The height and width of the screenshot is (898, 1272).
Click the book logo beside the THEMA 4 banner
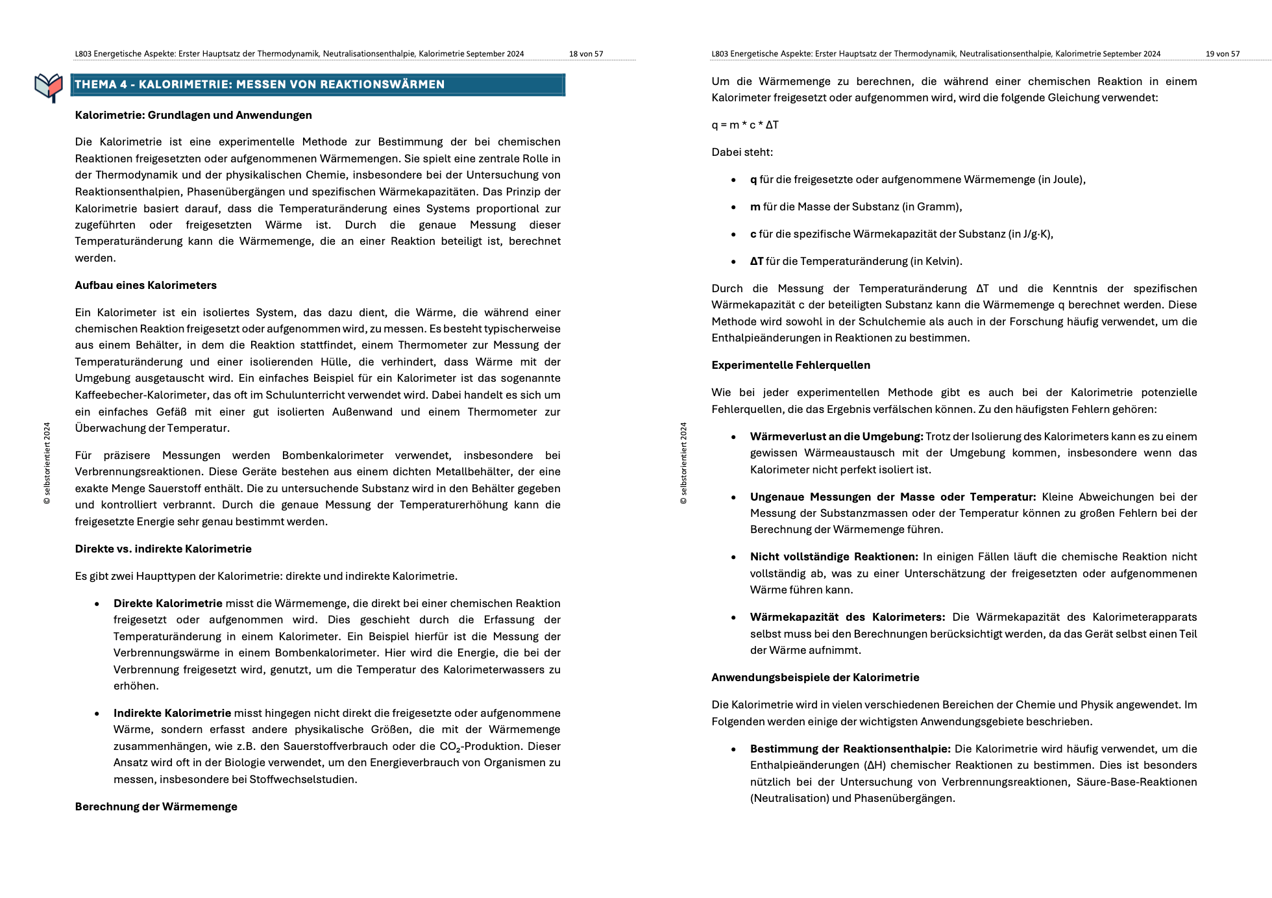point(49,87)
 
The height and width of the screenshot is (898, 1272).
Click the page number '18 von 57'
point(585,54)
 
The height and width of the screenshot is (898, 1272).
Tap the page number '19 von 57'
point(1222,54)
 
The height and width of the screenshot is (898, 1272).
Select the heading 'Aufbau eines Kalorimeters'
point(145,285)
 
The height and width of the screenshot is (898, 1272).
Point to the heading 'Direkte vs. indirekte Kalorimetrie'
point(163,549)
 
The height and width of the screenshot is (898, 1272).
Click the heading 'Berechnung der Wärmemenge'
point(156,806)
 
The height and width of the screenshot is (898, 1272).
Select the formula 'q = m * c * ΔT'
point(744,125)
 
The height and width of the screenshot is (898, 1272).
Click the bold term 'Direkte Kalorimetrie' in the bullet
point(167,603)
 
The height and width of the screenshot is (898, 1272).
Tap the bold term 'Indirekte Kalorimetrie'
point(172,713)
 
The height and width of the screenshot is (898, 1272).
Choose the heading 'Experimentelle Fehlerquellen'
point(790,365)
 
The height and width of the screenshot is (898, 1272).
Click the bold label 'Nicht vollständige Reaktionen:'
point(834,556)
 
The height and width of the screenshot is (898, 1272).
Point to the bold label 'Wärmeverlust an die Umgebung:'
point(836,436)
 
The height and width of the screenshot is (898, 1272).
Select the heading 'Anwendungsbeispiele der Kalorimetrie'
point(815,677)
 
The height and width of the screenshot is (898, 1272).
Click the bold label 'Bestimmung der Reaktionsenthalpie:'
point(850,749)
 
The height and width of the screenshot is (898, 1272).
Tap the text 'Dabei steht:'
point(742,152)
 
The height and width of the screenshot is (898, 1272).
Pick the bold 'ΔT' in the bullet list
point(756,261)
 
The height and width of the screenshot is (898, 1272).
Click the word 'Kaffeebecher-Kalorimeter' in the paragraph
point(141,395)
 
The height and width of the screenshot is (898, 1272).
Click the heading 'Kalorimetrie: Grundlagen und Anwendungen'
point(193,115)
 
